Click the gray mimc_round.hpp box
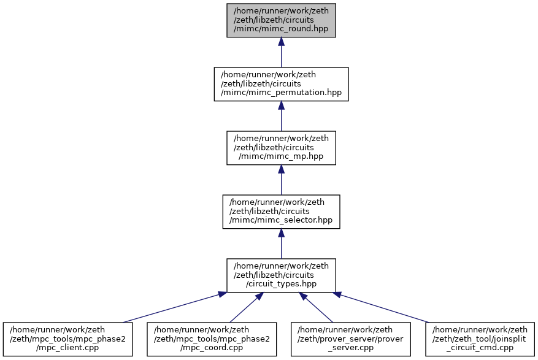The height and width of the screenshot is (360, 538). coord(281,20)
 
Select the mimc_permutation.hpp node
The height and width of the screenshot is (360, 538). coord(281,84)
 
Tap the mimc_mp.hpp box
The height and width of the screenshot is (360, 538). coord(281,148)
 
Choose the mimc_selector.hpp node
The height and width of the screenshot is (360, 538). coord(281,212)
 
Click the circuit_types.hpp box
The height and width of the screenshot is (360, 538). coord(281,275)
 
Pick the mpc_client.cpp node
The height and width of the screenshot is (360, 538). coord(68,339)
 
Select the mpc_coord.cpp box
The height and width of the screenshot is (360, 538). coord(212,339)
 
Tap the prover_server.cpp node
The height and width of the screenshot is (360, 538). coord(351,339)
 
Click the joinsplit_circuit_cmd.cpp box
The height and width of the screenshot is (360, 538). coord(480,339)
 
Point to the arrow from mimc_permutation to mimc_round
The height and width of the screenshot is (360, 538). coord(282,52)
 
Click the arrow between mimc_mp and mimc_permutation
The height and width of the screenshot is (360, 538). coord(282,116)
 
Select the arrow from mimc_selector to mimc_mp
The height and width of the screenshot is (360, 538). coord(282,180)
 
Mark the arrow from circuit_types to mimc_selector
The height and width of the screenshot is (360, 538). coord(282,243)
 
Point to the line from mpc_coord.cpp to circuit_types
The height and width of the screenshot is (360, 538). coord(247,307)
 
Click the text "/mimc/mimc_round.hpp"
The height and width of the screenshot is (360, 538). coord(281,29)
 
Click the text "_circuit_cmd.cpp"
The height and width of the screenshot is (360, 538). coord(480,348)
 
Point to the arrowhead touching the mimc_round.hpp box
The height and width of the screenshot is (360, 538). coord(282,42)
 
